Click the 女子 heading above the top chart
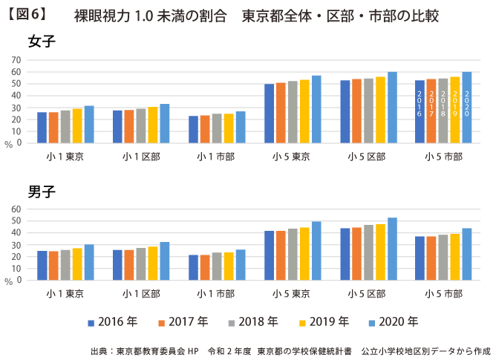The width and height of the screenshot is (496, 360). (x=42, y=42)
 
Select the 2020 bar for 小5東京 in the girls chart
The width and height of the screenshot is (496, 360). (x=316, y=109)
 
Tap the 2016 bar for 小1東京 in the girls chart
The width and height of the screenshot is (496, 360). (x=42, y=128)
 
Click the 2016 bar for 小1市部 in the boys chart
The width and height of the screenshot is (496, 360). (x=194, y=267)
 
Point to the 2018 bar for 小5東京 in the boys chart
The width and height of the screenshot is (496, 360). (x=293, y=254)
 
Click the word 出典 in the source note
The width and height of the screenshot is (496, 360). (x=99, y=349)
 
